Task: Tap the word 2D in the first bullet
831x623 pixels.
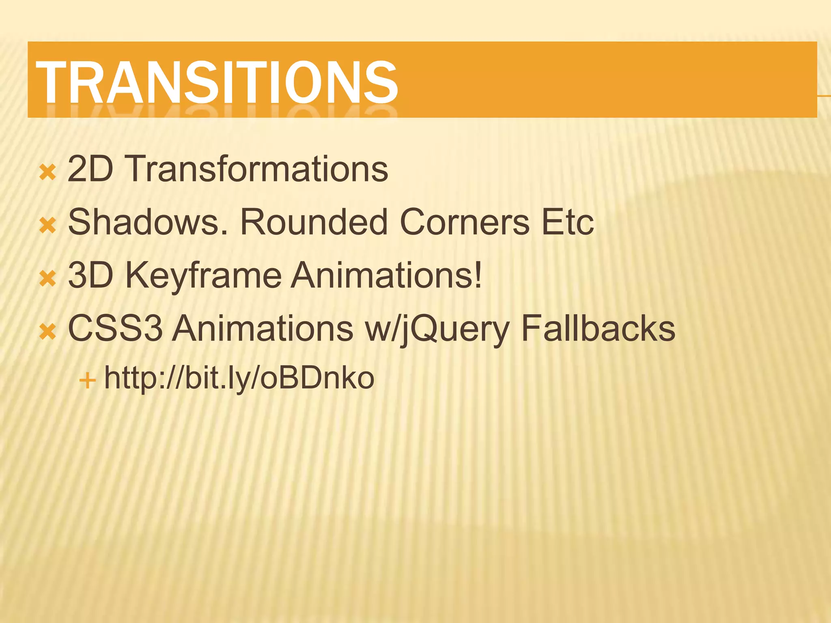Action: [x=90, y=169]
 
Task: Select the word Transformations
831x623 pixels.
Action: [x=258, y=169]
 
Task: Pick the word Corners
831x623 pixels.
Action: [x=465, y=222]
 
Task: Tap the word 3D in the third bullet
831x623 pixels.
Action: [x=90, y=275]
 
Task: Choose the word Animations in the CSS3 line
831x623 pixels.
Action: [x=263, y=328]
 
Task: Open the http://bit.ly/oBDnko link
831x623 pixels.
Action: [x=239, y=378]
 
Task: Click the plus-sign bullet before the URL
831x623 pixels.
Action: [x=88, y=381]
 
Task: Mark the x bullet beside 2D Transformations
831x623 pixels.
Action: [x=47, y=172]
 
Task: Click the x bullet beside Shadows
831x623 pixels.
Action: [x=47, y=226]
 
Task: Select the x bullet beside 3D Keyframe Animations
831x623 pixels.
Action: [x=47, y=279]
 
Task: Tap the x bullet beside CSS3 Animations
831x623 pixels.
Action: [x=47, y=332]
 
